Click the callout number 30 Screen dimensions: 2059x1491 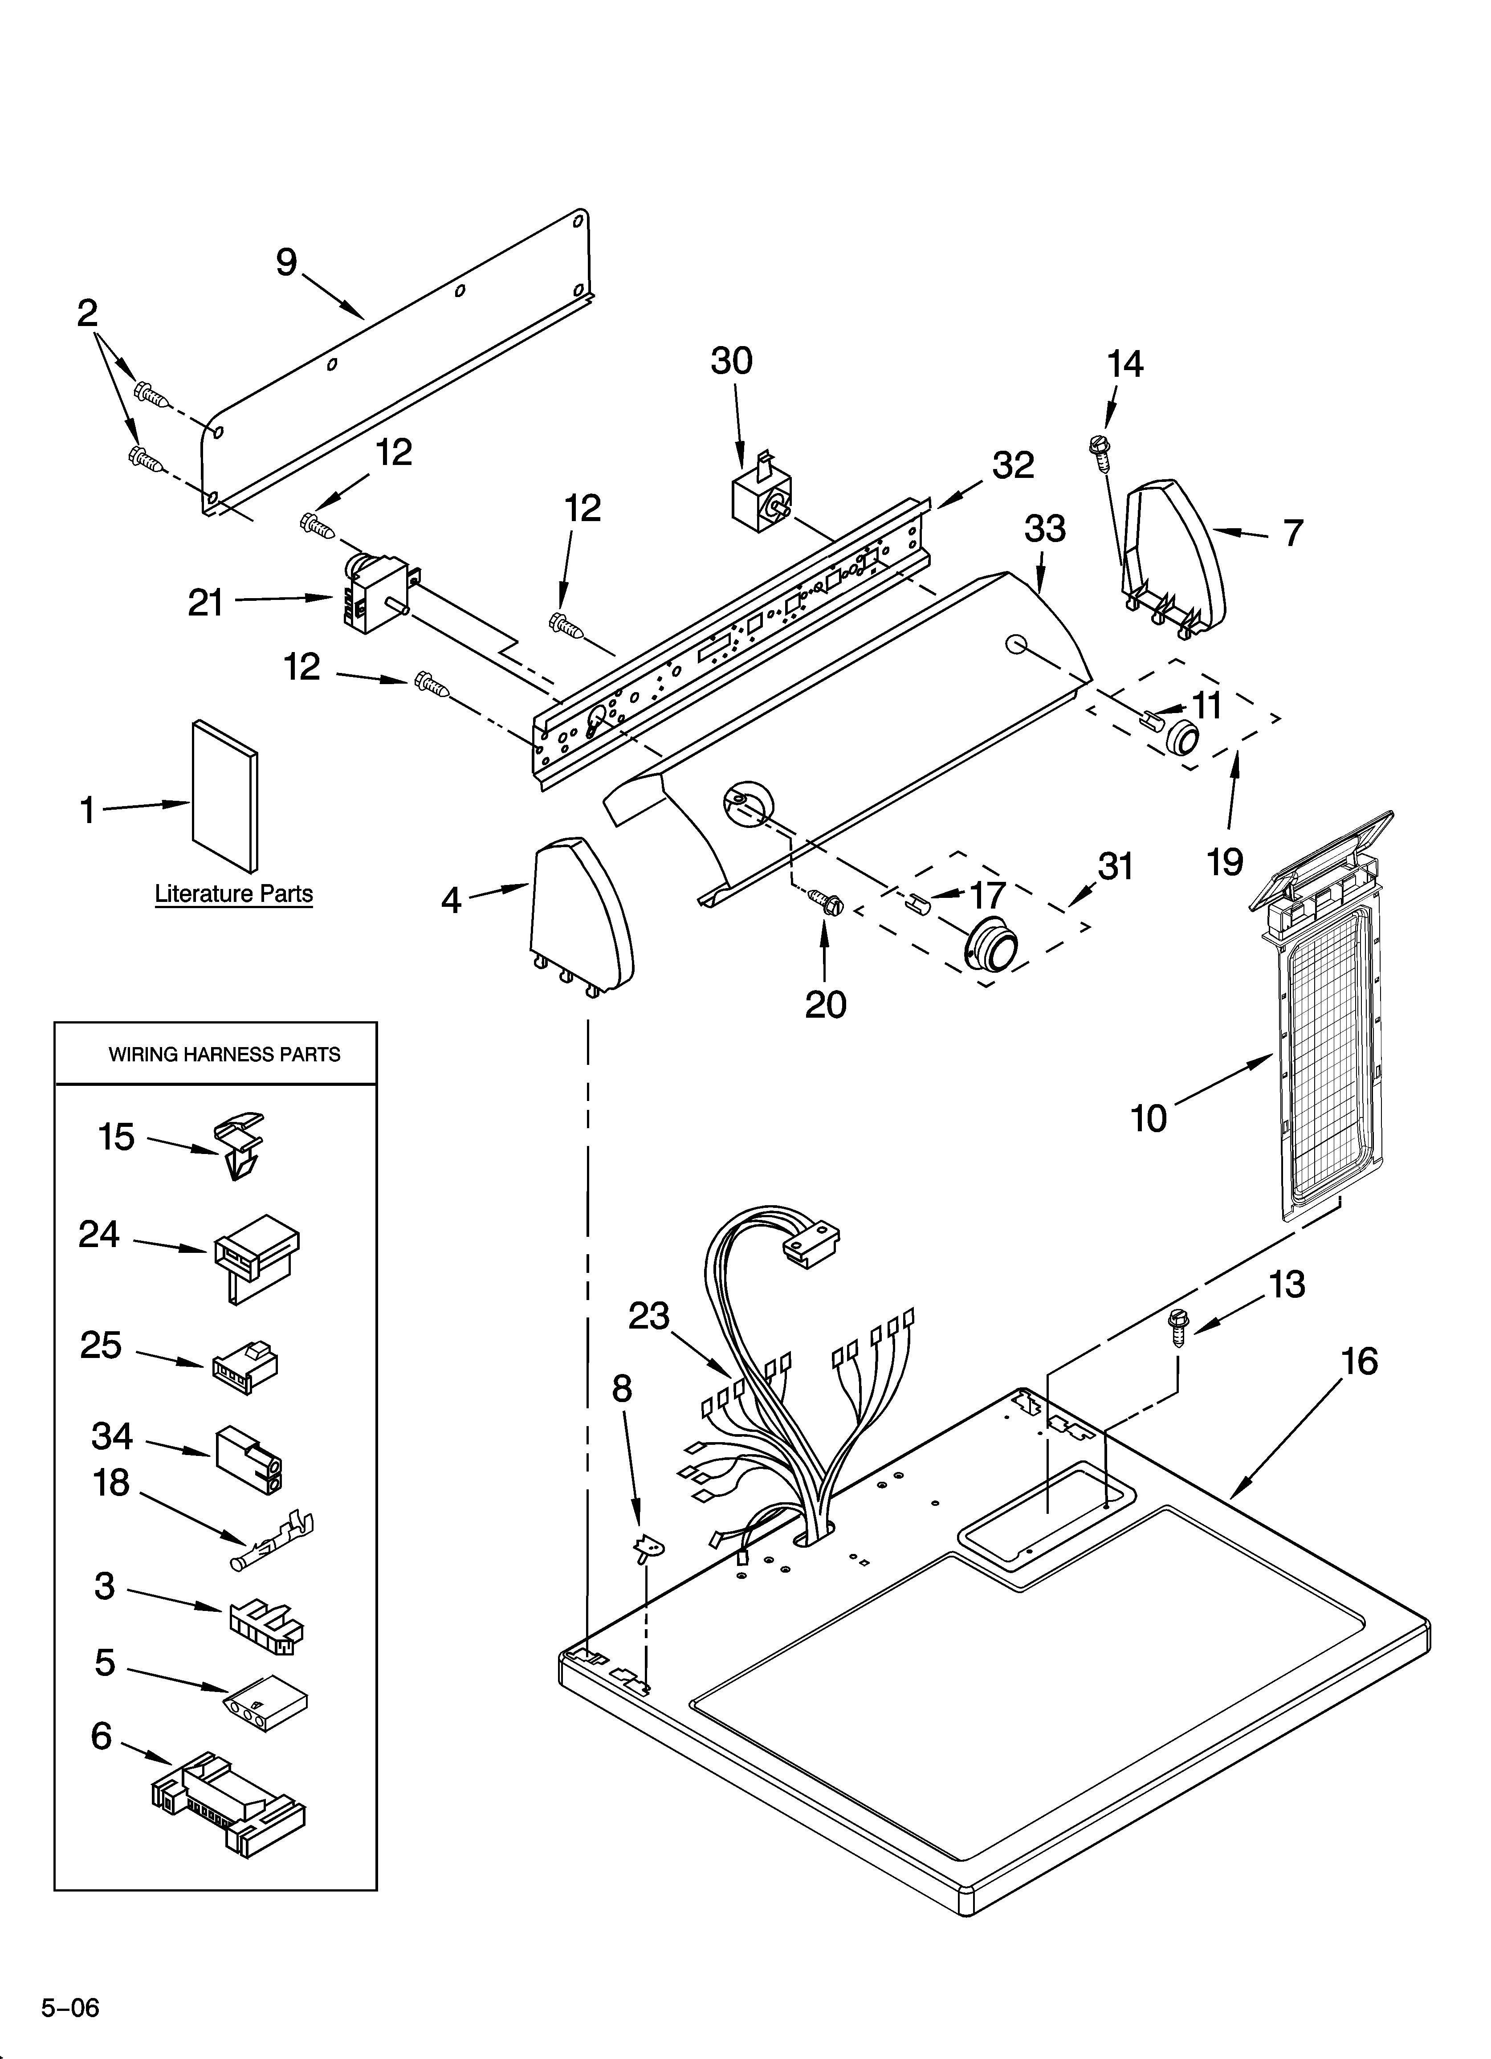(x=731, y=361)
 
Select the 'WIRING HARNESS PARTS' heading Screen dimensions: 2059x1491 (x=224, y=1054)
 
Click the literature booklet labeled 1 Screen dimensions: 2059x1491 (x=224, y=795)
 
